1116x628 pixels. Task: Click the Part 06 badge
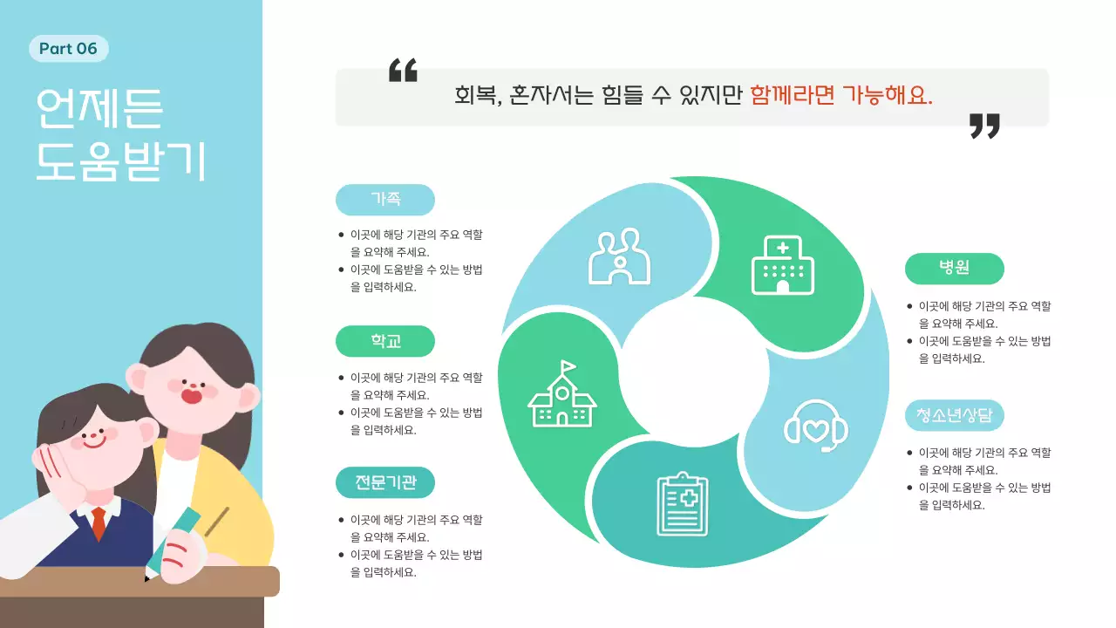pyautogui.click(x=68, y=49)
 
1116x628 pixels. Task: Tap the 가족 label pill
pyautogui.click(x=384, y=200)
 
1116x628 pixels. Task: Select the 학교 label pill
pyautogui.click(x=384, y=341)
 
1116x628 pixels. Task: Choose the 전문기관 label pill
pyautogui.click(x=384, y=482)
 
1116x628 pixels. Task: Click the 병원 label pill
pyautogui.click(x=954, y=269)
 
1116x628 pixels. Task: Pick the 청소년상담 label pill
pyautogui.click(x=954, y=415)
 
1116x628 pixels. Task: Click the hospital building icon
pyautogui.click(x=782, y=265)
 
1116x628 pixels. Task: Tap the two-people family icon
pyautogui.click(x=620, y=256)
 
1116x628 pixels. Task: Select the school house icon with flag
pyautogui.click(x=562, y=396)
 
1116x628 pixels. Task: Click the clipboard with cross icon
pyautogui.click(x=682, y=504)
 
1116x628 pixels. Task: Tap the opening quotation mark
pyautogui.click(x=403, y=71)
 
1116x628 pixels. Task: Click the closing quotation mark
pyautogui.click(x=984, y=126)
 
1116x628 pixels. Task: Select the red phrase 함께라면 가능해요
pyautogui.click(x=840, y=95)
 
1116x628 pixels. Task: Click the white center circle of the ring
pyautogui.click(x=694, y=372)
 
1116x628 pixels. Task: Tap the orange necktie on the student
pyautogui.click(x=99, y=522)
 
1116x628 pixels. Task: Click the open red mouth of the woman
pyautogui.click(x=192, y=395)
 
